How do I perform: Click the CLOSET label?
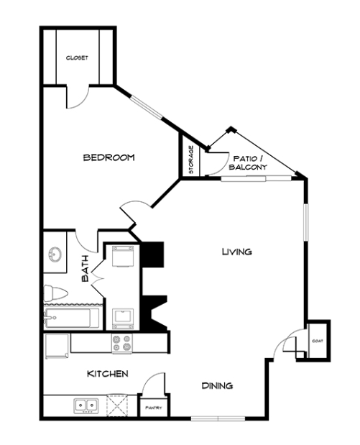tap(77, 58)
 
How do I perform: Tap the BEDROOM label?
tap(109, 157)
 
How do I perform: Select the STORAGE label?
tap(191, 160)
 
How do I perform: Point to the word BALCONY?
tap(248, 168)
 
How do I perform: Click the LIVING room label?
tap(237, 252)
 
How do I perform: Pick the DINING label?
tap(217, 385)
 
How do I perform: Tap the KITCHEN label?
tap(108, 374)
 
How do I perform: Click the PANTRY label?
tap(154, 408)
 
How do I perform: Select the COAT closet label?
tap(318, 341)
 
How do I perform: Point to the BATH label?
tap(85, 268)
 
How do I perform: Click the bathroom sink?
tap(55, 254)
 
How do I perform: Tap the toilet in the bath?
tap(55, 293)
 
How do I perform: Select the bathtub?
tap(71, 318)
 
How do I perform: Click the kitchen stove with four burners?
tap(122, 344)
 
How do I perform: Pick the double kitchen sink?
tap(86, 405)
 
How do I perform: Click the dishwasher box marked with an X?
tap(117, 405)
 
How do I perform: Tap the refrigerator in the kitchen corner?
tap(57, 346)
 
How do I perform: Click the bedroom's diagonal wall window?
tap(147, 107)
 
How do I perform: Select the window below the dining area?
tap(218, 418)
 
